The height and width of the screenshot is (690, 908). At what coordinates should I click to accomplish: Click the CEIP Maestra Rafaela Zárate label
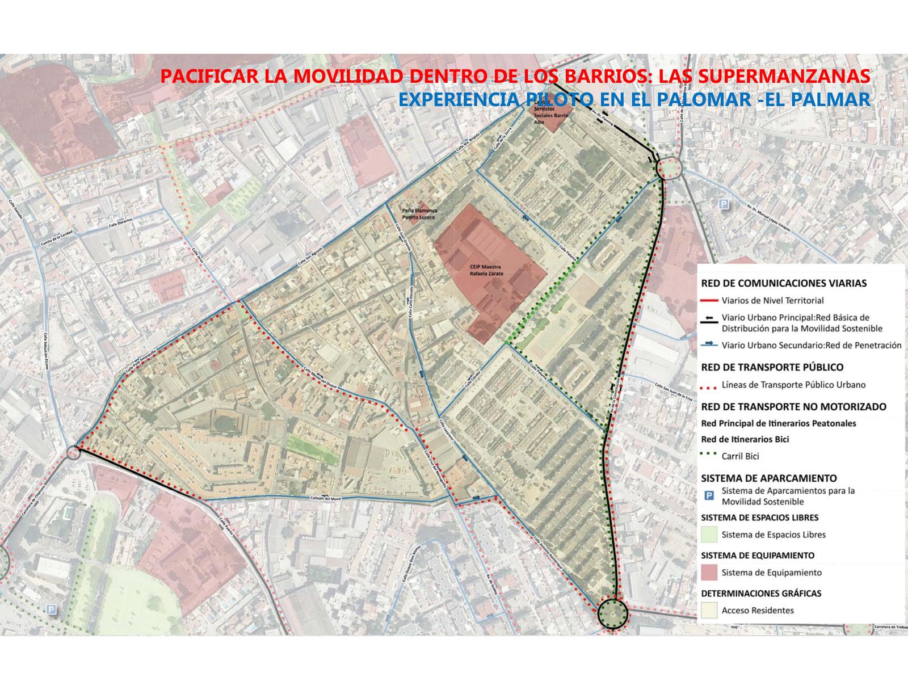(486, 270)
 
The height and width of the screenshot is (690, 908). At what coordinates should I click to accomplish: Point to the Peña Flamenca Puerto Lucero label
(419, 213)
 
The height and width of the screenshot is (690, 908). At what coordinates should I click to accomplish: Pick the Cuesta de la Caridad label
(57, 241)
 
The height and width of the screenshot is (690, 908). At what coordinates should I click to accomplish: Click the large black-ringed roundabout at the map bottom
(612, 613)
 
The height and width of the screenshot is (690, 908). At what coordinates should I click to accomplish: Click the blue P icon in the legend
(709, 496)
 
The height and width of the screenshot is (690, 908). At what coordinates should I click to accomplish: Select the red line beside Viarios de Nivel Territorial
(709, 301)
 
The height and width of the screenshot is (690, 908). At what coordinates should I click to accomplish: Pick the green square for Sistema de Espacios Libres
(709, 535)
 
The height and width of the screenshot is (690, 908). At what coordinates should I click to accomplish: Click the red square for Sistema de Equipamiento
(709, 573)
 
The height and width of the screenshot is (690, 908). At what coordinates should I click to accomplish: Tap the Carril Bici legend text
(740, 456)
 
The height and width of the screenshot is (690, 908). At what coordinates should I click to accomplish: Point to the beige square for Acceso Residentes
(709, 611)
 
